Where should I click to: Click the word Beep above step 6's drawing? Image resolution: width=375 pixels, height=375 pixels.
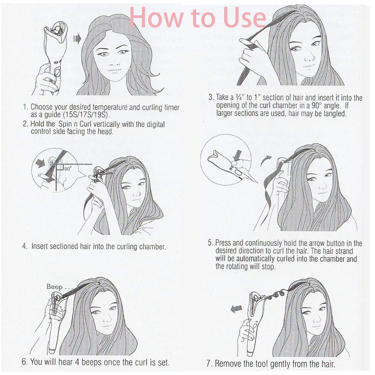tap(54, 287)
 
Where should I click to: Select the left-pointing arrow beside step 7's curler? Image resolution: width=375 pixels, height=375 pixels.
tap(236, 309)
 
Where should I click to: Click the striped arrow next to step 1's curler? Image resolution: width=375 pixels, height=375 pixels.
tap(77, 39)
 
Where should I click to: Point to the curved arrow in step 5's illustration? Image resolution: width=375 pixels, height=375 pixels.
tap(266, 161)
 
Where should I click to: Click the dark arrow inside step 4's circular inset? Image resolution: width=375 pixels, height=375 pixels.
tap(40, 163)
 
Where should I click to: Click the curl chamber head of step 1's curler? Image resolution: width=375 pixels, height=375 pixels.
tap(55, 33)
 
